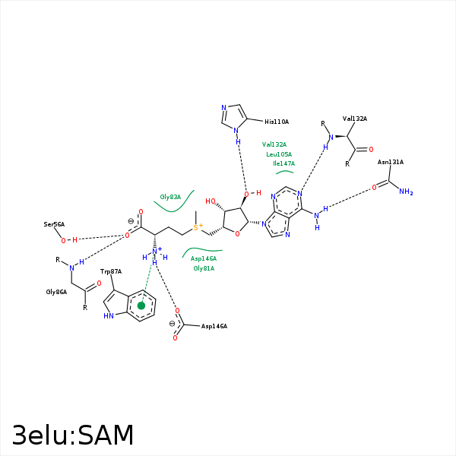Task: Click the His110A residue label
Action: coord(277,122)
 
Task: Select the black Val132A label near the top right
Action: coord(355,119)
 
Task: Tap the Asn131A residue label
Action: coord(391,162)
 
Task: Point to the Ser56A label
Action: coord(54,224)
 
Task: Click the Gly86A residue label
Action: coord(56,291)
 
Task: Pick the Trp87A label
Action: coord(111,271)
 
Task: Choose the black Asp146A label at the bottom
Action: coord(214,326)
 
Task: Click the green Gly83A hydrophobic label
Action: coord(170,197)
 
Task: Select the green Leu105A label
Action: coord(279,154)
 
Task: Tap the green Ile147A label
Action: coord(283,163)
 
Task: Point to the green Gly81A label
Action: coord(204,268)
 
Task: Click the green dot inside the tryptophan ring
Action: coord(141,306)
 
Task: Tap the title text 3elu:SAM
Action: coord(73,435)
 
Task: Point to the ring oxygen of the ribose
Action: coord(237,234)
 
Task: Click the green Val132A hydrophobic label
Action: coord(274,144)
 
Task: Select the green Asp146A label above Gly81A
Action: coord(203,259)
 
